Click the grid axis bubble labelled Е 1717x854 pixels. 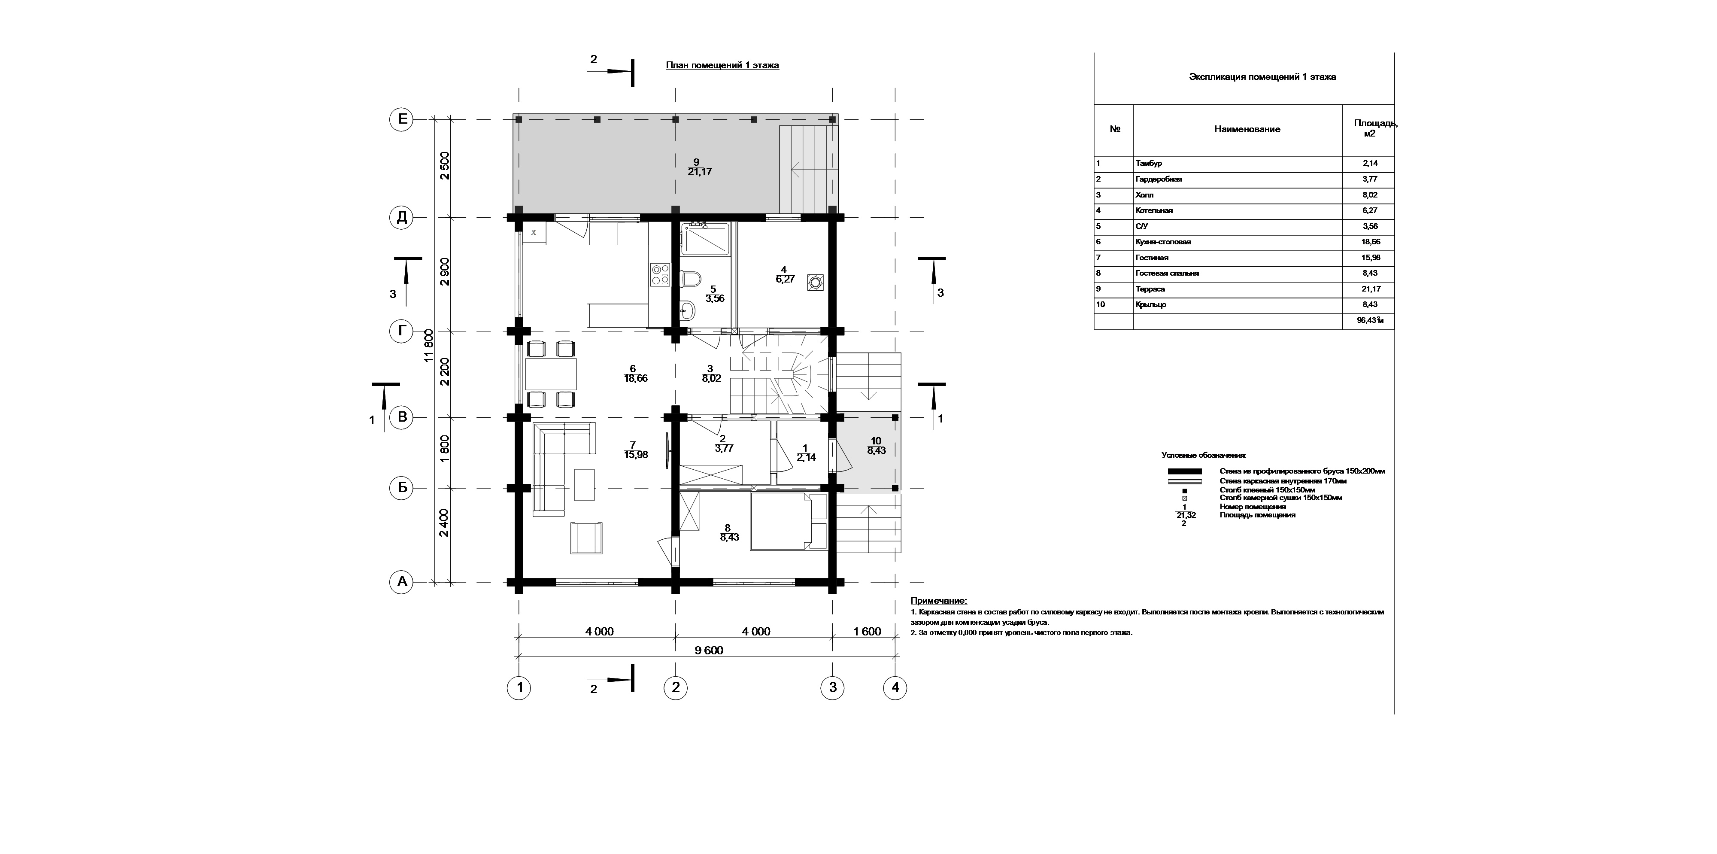click(x=402, y=120)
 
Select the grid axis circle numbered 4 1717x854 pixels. click(x=895, y=687)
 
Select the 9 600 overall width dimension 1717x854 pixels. click(x=709, y=650)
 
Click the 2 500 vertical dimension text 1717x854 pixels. click(x=445, y=166)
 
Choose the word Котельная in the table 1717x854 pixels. click(x=1154, y=211)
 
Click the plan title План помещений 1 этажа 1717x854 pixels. click(x=722, y=65)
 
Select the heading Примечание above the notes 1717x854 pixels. click(x=938, y=602)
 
